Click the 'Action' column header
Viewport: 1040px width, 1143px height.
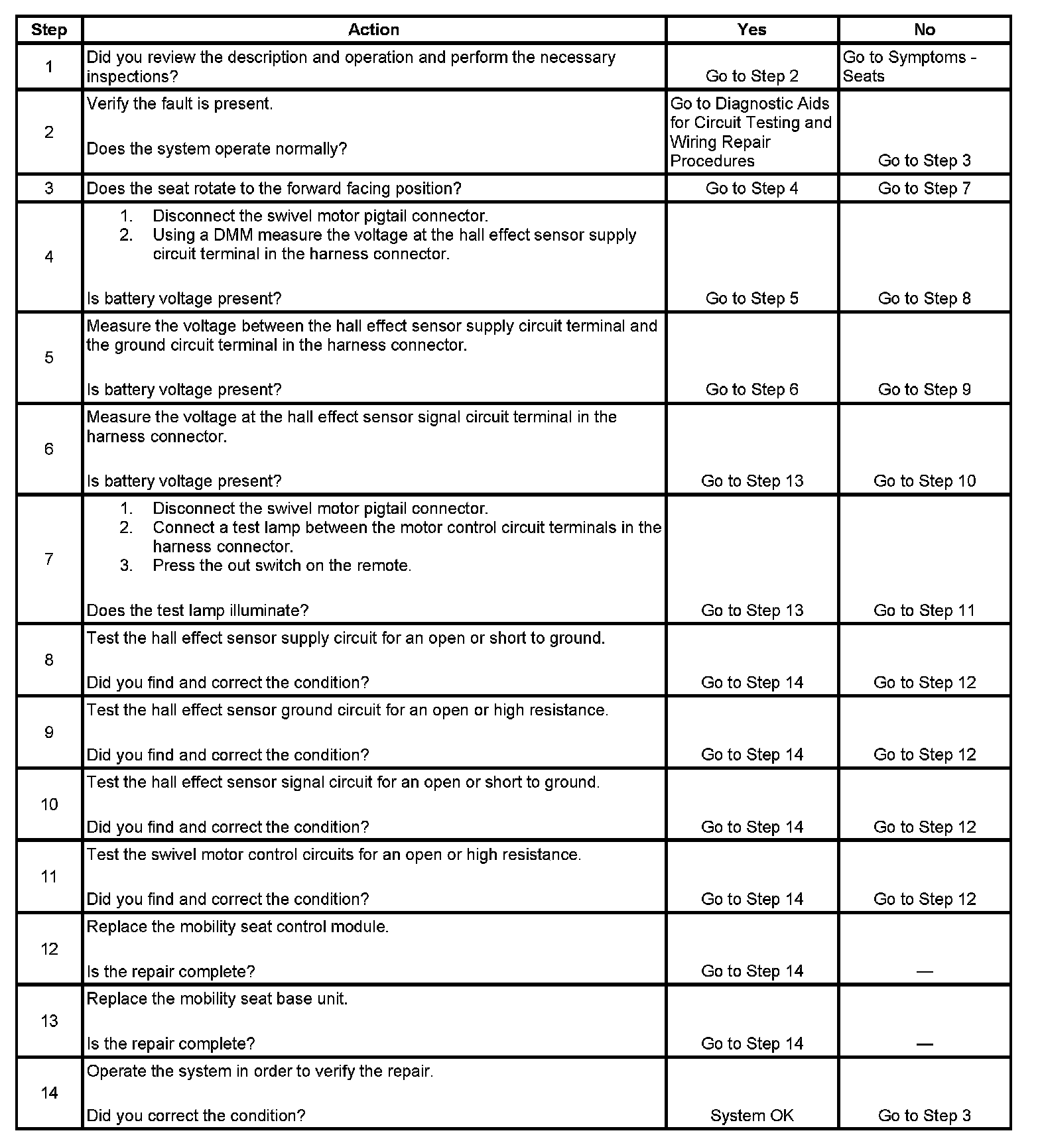pyautogui.click(x=373, y=30)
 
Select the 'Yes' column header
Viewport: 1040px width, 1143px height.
pyautogui.click(x=751, y=30)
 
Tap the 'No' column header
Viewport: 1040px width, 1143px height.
pyautogui.click(x=924, y=30)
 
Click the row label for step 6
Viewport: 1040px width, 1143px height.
pyautogui.click(x=49, y=449)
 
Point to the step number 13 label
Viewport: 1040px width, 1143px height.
pyautogui.click(x=49, y=1021)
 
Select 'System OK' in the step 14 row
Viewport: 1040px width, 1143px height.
pyautogui.click(x=751, y=1116)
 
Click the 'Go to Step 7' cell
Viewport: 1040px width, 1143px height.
pyautogui.click(x=924, y=188)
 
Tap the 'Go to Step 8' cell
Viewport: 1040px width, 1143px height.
pyautogui.click(x=924, y=298)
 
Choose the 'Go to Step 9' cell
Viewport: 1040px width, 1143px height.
pyautogui.click(x=924, y=389)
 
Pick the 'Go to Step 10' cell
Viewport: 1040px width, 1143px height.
pyautogui.click(x=924, y=481)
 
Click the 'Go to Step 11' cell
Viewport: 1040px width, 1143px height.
pyautogui.click(x=924, y=610)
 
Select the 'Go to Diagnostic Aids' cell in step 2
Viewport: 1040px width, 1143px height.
pyautogui.click(x=750, y=132)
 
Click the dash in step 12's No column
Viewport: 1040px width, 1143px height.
pyautogui.click(x=924, y=972)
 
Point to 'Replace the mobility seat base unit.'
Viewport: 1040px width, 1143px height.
pyautogui.click(x=217, y=999)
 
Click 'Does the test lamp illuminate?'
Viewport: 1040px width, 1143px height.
pyautogui.click(x=198, y=610)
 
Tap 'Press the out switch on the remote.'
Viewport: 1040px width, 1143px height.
pyautogui.click(x=282, y=566)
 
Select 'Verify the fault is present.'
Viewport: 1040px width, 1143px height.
pyautogui.click(x=180, y=104)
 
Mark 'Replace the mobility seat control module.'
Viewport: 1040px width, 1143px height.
pyautogui.click(x=237, y=927)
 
